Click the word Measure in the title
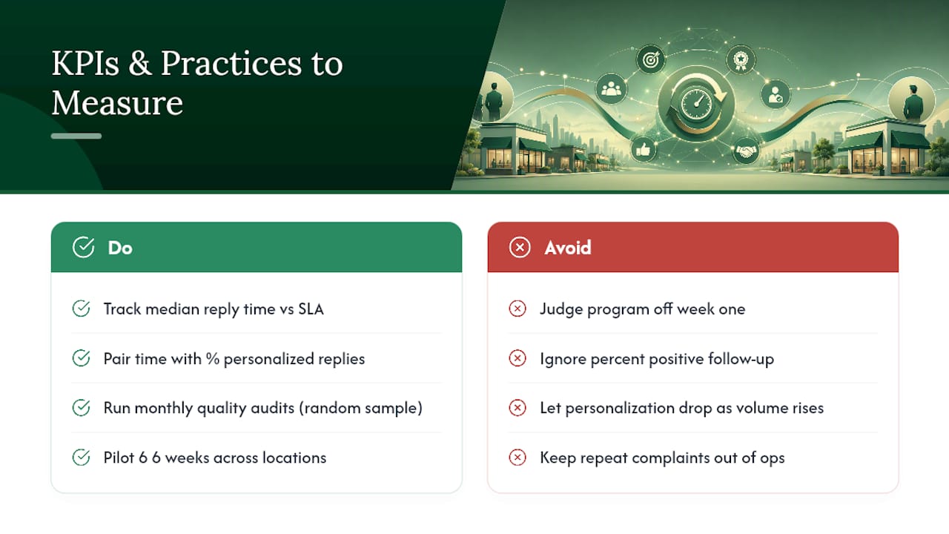click(117, 102)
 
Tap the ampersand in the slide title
click(140, 64)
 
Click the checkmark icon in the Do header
click(83, 247)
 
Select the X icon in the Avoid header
click(520, 247)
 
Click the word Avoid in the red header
click(568, 248)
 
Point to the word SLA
click(311, 309)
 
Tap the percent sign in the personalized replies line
click(213, 359)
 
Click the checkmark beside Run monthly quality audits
click(81, 408)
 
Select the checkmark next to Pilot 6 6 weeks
click(81, 458)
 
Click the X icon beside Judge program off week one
click(518, 309)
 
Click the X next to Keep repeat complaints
click(518, 458)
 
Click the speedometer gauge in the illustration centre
click(696, 103)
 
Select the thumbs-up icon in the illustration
click(643, 149)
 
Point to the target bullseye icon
click(651, 59)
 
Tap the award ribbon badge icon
click(741, 60)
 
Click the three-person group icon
click(611, 88)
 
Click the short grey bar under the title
click(76, 136)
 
